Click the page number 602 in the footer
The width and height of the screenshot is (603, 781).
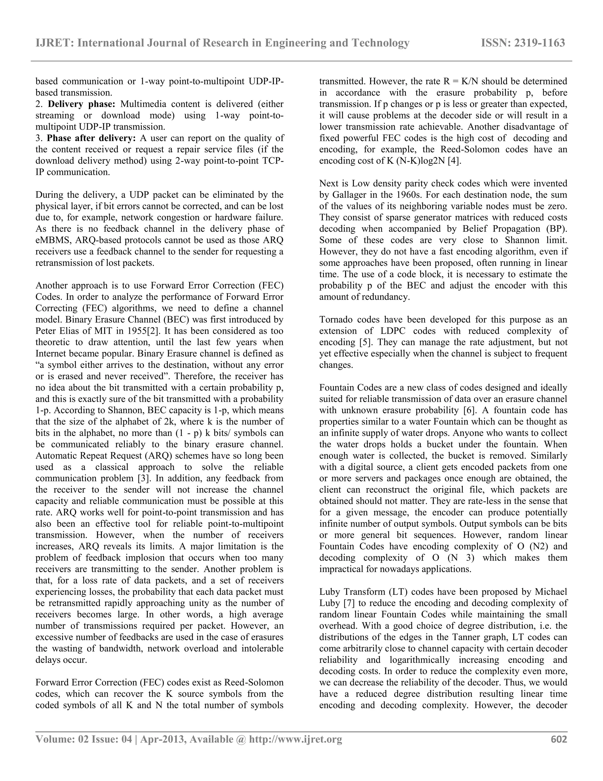[x=559, y=739]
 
